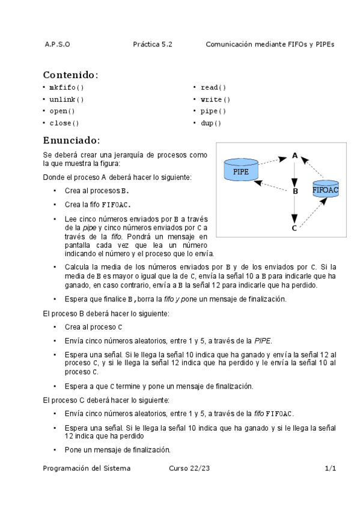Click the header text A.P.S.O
57,45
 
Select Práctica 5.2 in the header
153,45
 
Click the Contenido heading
70,75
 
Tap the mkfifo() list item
67,87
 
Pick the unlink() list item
67,99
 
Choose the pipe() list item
213,111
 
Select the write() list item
215,99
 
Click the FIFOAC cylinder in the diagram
326,189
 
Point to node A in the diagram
294,156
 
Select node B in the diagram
295,191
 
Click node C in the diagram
294,228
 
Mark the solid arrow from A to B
294,173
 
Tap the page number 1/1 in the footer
330,468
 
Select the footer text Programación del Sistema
87,468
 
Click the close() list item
64,123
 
